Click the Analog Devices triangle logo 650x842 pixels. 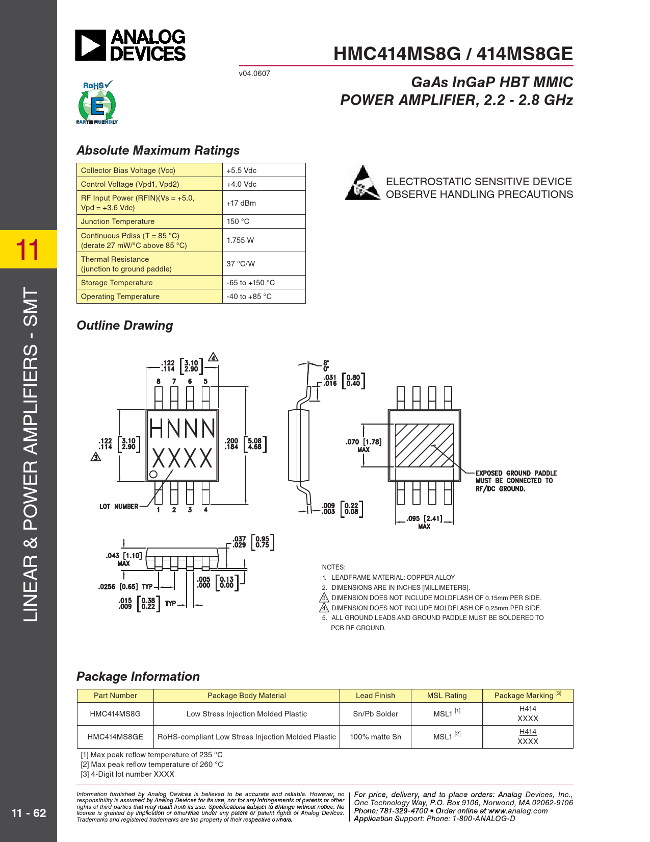point(90,45)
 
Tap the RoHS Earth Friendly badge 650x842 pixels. point(97,102)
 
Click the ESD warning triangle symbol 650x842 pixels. point(362,183)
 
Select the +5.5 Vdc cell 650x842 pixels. point(264,170)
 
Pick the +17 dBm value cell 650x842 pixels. point(264,203)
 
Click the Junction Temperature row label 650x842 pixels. point(118,221)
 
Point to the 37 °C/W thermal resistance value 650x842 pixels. point(241,263)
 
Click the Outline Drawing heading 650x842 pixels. point(125,325)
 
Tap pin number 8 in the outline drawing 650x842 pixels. point(159,381)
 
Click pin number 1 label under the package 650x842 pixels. point(159,510)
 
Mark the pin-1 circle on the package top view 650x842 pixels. point(153,474)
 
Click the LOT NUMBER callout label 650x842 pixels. point(119,506)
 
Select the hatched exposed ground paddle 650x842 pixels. point(424,445)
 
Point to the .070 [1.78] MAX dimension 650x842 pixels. point(363,445)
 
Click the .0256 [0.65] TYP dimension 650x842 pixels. point(125,587)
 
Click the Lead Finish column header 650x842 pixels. point(376,696)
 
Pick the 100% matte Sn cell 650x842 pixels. point(376,736)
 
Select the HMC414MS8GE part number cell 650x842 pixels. point(115,736)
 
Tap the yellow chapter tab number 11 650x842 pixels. point(28,249)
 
